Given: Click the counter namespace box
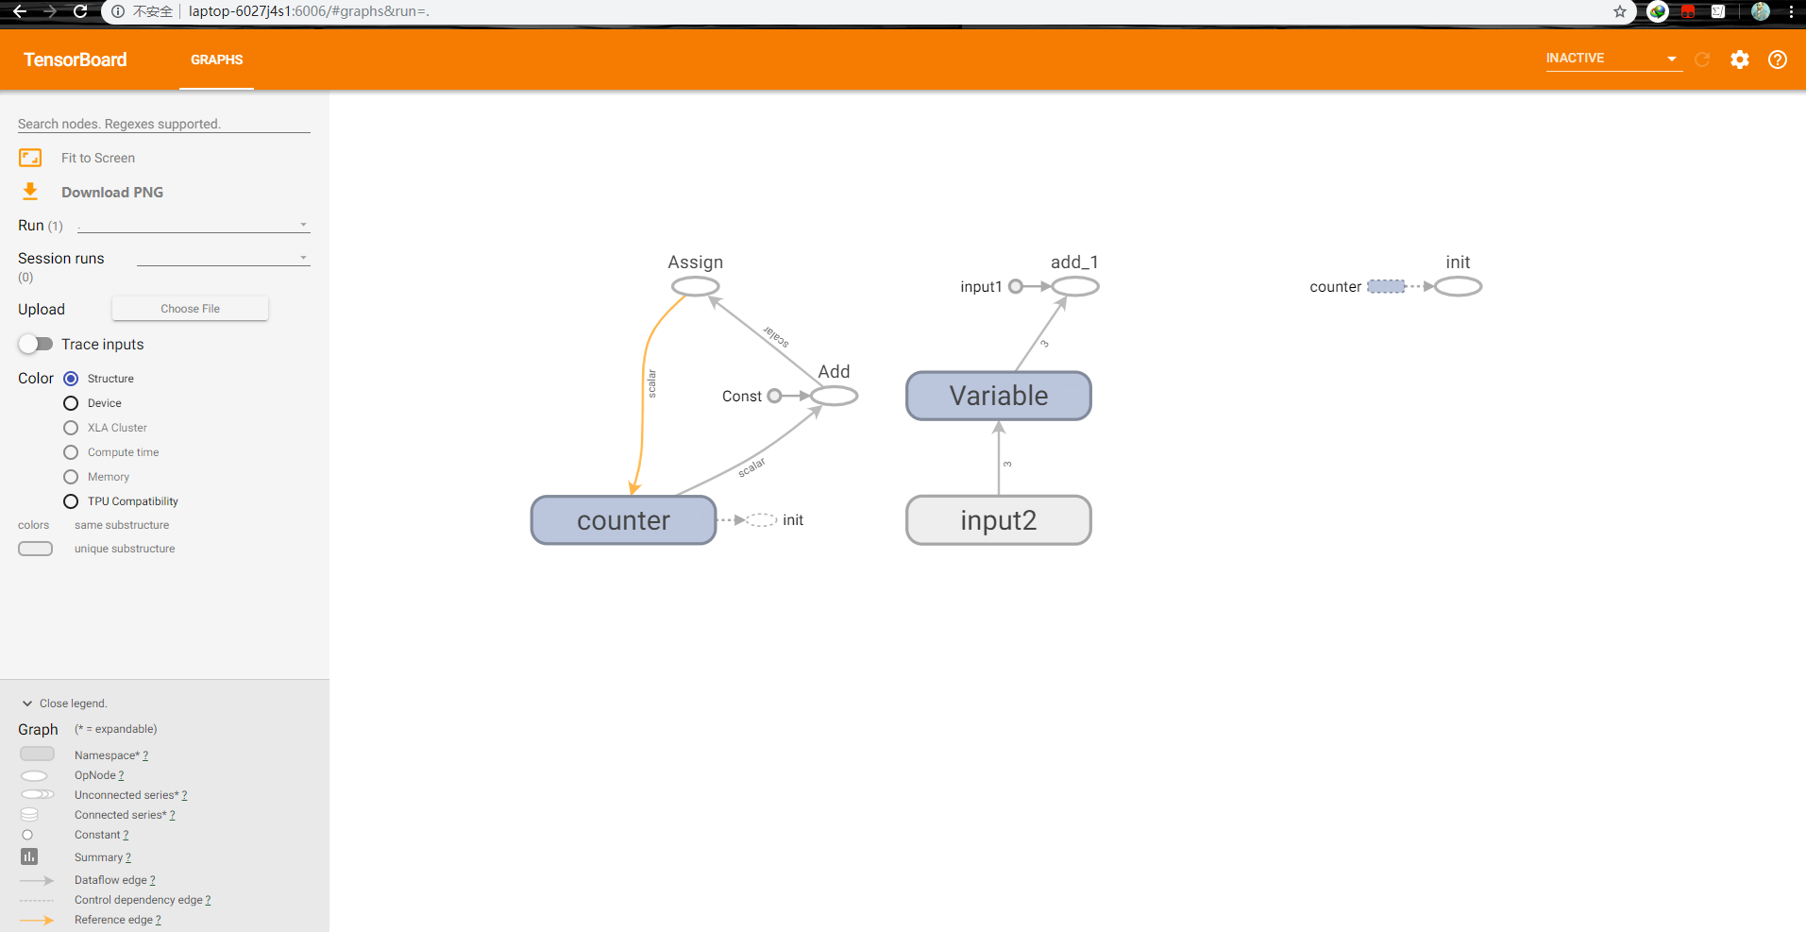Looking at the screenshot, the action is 623,520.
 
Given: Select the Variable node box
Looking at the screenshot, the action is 998,396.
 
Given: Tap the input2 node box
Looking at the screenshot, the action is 998,520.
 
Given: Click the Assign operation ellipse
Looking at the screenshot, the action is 695,286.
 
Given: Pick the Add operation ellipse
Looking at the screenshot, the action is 834,396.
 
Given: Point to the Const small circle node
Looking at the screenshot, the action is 774,396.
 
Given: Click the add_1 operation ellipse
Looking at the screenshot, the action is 1074,286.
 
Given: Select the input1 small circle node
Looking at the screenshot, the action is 1016,286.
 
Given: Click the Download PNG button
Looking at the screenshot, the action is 111,193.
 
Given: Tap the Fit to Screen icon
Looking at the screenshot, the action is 30,158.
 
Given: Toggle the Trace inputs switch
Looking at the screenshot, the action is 36,344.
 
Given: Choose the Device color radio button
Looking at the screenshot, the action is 71,403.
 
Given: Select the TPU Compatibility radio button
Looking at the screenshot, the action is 71,501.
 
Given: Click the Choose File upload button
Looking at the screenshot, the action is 190,309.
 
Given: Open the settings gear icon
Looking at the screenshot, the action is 1739,59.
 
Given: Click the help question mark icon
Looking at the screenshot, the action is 1777,59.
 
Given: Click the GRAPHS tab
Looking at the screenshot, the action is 216,59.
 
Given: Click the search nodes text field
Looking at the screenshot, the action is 163,124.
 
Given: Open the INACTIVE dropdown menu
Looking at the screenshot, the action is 1612,59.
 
